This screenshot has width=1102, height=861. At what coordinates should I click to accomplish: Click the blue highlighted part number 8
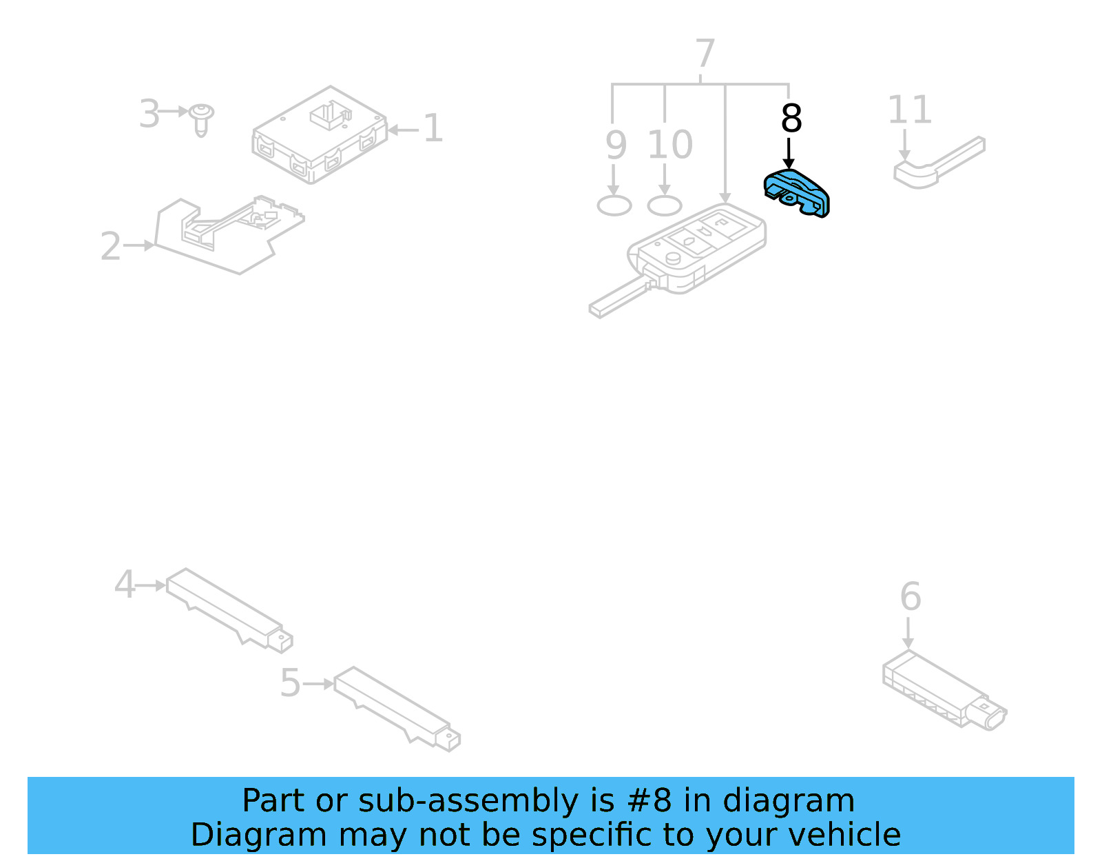[x=797, y=192]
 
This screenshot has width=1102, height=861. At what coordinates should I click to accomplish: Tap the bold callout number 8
[x=791, y=119]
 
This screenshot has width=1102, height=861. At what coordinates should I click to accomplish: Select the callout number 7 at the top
[x=705, y=54]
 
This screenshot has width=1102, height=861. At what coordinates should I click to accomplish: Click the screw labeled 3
[x=201, y=119]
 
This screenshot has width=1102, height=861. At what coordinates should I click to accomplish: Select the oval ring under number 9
[x=614, y=205]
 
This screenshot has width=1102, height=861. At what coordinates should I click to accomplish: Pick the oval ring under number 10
[x=665, y=205]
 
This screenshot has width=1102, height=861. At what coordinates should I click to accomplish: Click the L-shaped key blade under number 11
[x=937, y=164]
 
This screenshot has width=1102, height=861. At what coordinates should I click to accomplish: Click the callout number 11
[x=909, y=110]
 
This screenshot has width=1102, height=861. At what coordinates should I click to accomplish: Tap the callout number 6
[x=910, y=597]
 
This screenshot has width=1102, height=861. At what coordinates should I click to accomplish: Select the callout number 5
[x=290, y=683]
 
